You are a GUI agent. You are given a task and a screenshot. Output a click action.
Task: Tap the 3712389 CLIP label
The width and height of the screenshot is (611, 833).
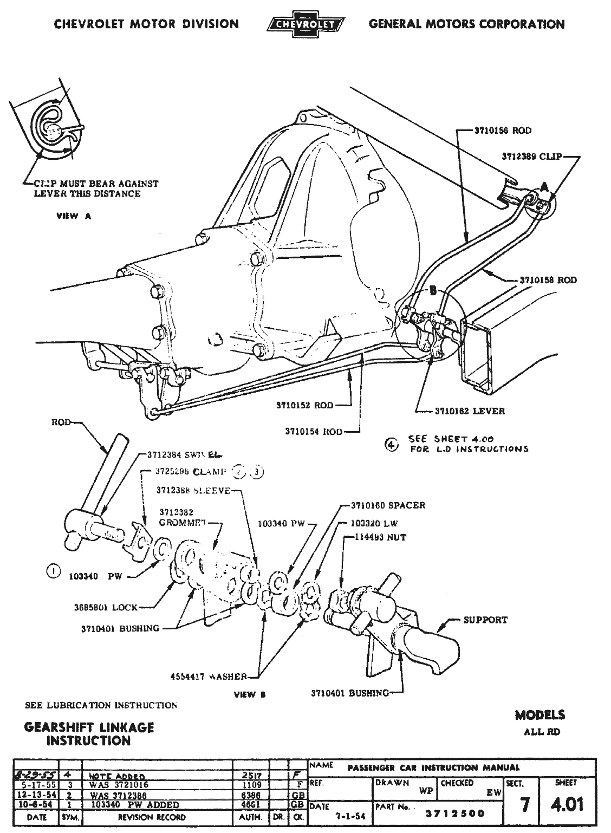[x=531, y=157]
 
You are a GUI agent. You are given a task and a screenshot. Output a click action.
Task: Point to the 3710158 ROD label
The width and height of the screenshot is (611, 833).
[x=548, y=281]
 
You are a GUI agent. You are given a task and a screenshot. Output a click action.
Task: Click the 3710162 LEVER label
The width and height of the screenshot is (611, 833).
[x=470, y=411]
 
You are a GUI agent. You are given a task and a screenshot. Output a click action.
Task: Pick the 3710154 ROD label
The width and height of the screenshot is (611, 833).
[x=314, y=432]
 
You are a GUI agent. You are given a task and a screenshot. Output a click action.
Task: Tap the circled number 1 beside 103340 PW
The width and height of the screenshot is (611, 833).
[x=53, y=571]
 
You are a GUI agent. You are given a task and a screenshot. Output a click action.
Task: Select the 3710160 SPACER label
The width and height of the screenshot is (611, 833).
[x=386, y=505]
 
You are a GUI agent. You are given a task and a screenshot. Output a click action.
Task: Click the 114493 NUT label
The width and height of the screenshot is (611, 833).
[x=381, y=537]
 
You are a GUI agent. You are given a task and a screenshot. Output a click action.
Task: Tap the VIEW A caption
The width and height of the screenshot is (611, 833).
[x=74, y=216]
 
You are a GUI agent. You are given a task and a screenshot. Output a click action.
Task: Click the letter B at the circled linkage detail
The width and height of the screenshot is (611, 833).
[x=432, y=291]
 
